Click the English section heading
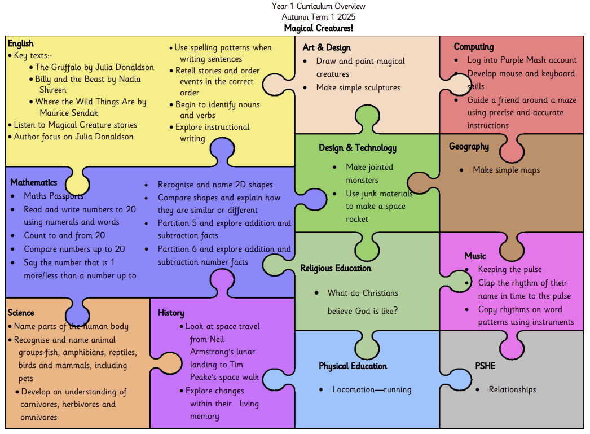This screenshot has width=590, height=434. point(21,43)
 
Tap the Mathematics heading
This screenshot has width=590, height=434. point(34,182)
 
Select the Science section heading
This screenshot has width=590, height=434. point(21,313)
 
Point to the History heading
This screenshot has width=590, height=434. point(171,313)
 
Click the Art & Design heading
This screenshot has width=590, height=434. point(327,47)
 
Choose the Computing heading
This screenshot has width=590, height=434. point(474,47)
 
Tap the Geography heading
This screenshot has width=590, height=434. point(469,146)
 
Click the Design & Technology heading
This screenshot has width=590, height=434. point(358,148)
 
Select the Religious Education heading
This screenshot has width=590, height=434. point(336,269)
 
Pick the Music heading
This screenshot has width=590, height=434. point(475,256)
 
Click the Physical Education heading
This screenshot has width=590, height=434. point(353,366)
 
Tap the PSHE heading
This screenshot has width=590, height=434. point(485,366)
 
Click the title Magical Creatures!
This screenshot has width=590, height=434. point(318,28)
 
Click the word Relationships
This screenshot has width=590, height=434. point(513,389)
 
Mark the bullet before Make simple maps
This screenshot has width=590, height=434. point(461,170)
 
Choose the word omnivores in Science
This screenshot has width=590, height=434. point(39,418)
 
